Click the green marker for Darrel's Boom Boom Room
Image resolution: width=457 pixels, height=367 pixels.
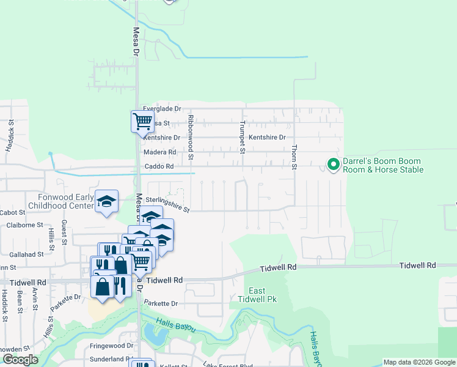click(x=333, y=165)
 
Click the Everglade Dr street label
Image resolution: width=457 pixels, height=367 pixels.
click(x=162, y=108)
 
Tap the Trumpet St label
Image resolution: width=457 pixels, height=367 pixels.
click(x=243, y=136)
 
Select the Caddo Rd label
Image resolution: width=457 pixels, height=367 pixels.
click(x=159, y=166)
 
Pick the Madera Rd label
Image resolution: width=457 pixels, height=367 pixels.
click(x=159, y=152)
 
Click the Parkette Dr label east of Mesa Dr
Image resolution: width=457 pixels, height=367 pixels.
click(x=161, y=303)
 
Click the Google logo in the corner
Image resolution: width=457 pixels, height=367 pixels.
click(x=20, y=360)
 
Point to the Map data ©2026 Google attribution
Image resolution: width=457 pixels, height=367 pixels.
click(x=419, y=362)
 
